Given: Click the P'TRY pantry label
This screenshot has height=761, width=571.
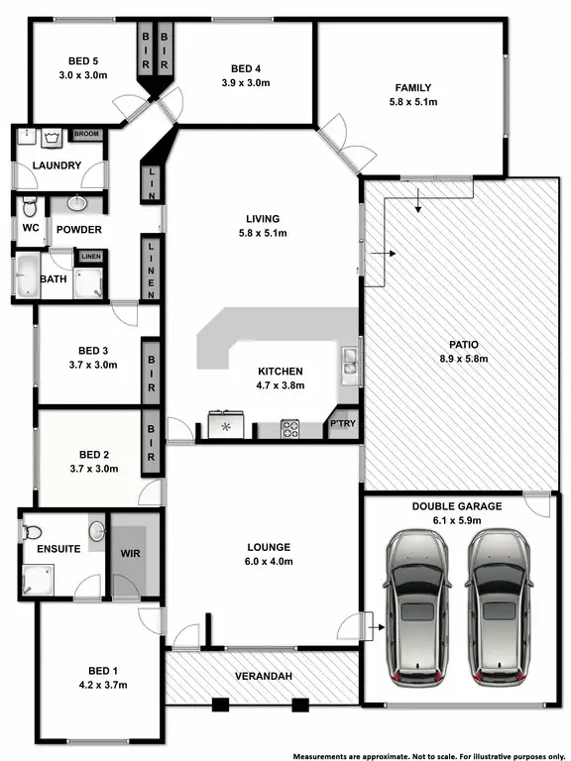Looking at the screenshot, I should (342, 424).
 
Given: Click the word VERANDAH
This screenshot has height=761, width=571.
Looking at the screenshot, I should (263, 677).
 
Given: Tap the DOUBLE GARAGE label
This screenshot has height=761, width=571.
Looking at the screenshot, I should (457, 506).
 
